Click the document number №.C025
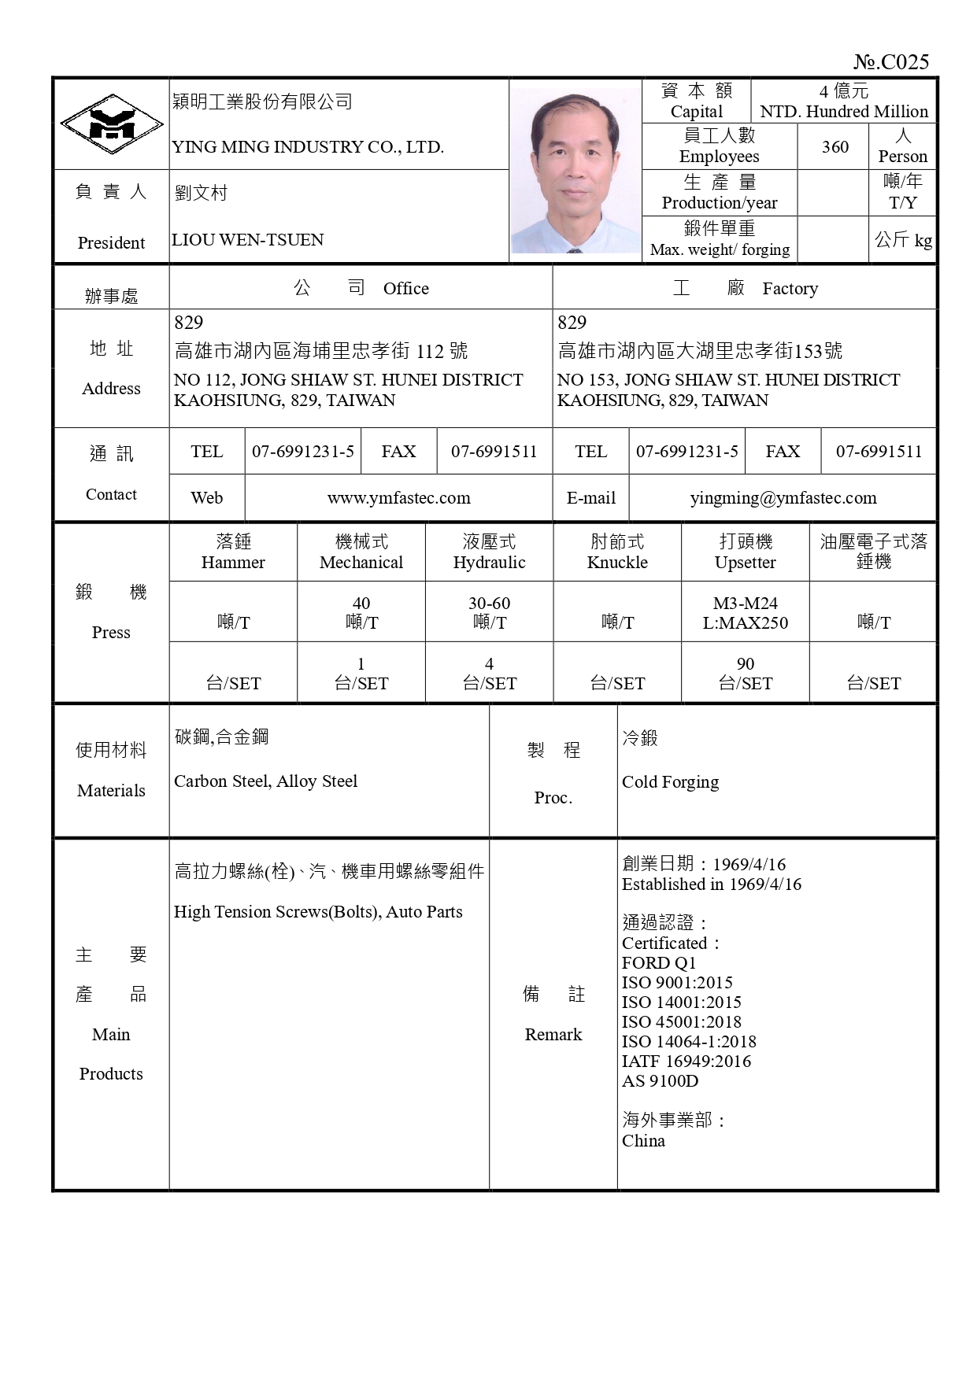pyautogui.click(x=891, y=62)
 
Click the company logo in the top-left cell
pyautogui.click(x=112, y=124)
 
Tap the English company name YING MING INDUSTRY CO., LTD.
pyautogui.click(x=308, y=147)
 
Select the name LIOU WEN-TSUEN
pyautogui.click(x=247, y=240)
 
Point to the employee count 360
pyautogui.click(x=835, y=146)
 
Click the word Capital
pyautogui.click(x=696, y=112)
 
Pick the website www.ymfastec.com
pyautogui.click(x=398, y=498)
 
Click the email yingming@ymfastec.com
pyautogui.click(x=783, y=498)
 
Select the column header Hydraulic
pyautogui.click(x=489, y=563)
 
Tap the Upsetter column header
pyautogui.click(x=745, y=563)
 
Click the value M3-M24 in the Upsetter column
pyautogui.click(x=745, y=604)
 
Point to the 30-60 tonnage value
pyautogui.click(x=489, y=604)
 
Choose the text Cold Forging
pyautogui.click(x=670, y=782)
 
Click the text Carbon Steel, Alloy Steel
pyautogui.click(x=265, y=781)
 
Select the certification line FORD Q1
pyautogui.click(x=658, y=963)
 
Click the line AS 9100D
pyautogui.click(x=660, y=1081)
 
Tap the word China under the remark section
pyautogui.click(x=643, y=1141)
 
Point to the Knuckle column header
pyautogui.click(x=617, y=563)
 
